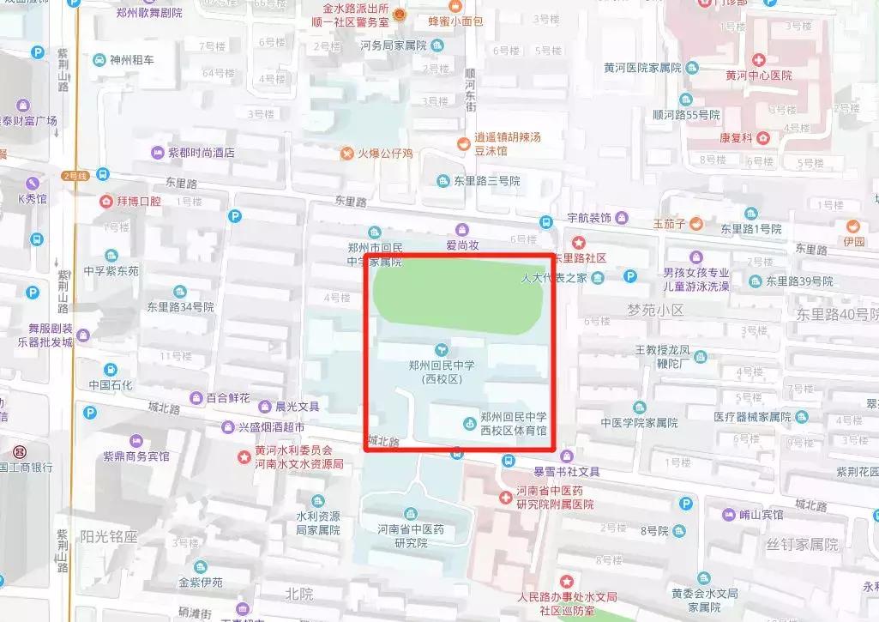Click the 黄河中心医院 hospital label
[x=758, y=75]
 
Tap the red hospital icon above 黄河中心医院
[x=758, y=59]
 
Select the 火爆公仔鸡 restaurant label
[x=385, y=154]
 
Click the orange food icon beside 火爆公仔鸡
[x=346, y=154]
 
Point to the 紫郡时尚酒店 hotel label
[x=201, y=153]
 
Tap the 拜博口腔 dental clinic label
[x=139, y=202]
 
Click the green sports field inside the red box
[x=457, y=294]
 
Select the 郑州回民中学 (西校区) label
[x=442, y=371]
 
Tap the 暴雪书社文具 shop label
[x=567, y=471]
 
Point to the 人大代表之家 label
[x=554, y=277]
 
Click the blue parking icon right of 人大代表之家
[x=630, y=276]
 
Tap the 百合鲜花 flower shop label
[x=228, y=398]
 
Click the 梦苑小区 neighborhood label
[x=655, y=310]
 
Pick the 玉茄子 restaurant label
[x=669, y=224]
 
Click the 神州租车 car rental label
[x=132, y=60]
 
